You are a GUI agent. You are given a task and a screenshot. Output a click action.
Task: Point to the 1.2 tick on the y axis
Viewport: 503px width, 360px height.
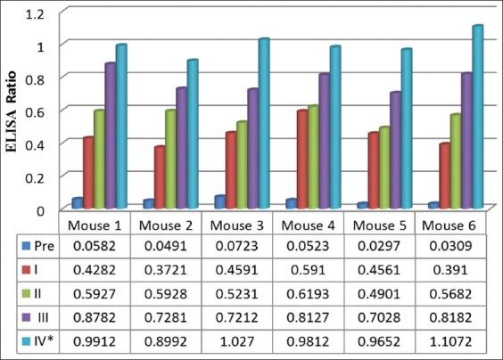pyautogui.click(x=35, y=12)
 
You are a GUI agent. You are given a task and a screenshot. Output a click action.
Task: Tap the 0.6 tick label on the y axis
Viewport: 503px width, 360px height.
pyautogui.click(x=35, y=110)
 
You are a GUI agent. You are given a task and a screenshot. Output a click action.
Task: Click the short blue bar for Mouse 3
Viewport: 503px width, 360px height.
pyautogui.click(x=219, y=202)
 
